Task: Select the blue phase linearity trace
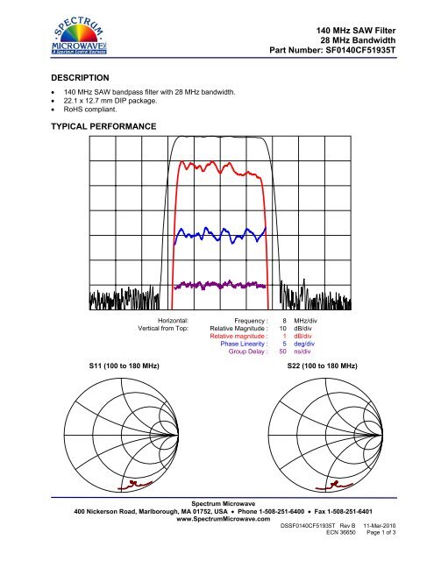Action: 219,234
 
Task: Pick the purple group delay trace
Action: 219,284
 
